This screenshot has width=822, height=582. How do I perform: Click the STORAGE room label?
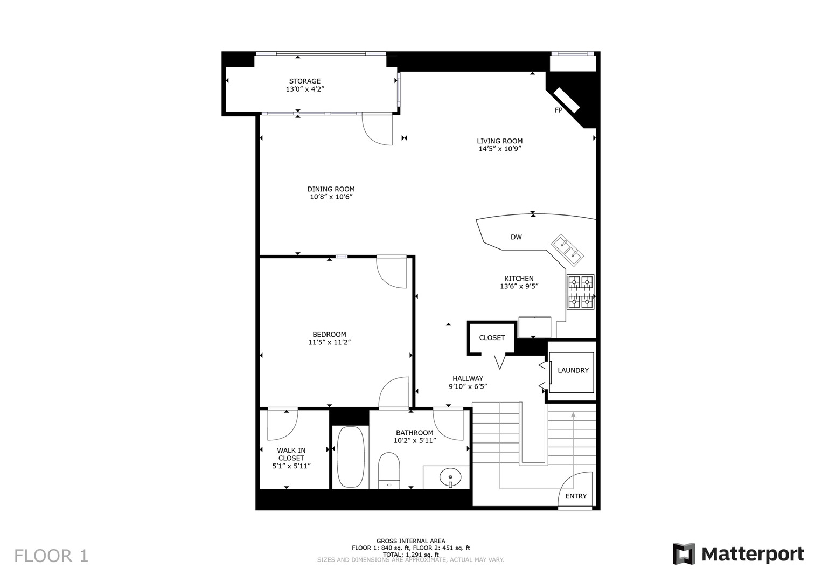[x=304, y=81]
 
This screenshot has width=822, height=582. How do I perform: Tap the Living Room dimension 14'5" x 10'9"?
[x=499, y=149]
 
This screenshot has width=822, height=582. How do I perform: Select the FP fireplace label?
[x=559, y=110]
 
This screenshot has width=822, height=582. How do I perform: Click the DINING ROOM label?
[x=331, y=189]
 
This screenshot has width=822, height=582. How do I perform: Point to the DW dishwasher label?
[x=516, y=237]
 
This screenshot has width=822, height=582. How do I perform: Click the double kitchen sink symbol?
[x=567, y=249]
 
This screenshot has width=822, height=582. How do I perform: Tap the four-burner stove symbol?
[x=580, y=292]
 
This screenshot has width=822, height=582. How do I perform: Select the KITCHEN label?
[x=519, y=279]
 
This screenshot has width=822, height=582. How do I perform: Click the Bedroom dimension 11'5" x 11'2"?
[x=329, y=342]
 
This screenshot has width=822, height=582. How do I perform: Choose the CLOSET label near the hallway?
[x=492, y=338]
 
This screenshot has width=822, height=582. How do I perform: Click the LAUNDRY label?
[x=573, y=371]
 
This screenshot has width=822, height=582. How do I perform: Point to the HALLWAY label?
[x=468, y=378]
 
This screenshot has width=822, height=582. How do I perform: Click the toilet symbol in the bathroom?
[x=389, y=468]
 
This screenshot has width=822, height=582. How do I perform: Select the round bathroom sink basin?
[x=450, y=477]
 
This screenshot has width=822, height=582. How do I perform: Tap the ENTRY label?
[x=575, y=496]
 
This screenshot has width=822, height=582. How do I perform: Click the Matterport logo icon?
[x=684, y=554]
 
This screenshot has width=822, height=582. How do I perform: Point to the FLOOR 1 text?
[x=51, y=556]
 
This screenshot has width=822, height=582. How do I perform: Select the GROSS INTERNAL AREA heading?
[x=410, y=541]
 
